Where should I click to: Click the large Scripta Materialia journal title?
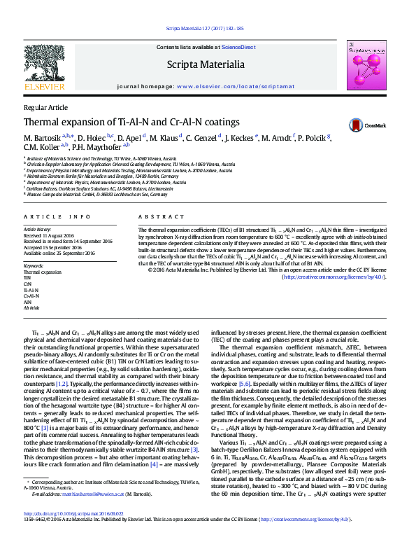[x=205, y=65]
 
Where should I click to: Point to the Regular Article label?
[x=46, y=107]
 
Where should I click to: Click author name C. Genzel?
[x=201, y=137]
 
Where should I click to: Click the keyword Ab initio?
[x=33, y=307]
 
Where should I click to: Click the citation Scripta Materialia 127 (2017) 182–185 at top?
[x=205, y=29]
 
